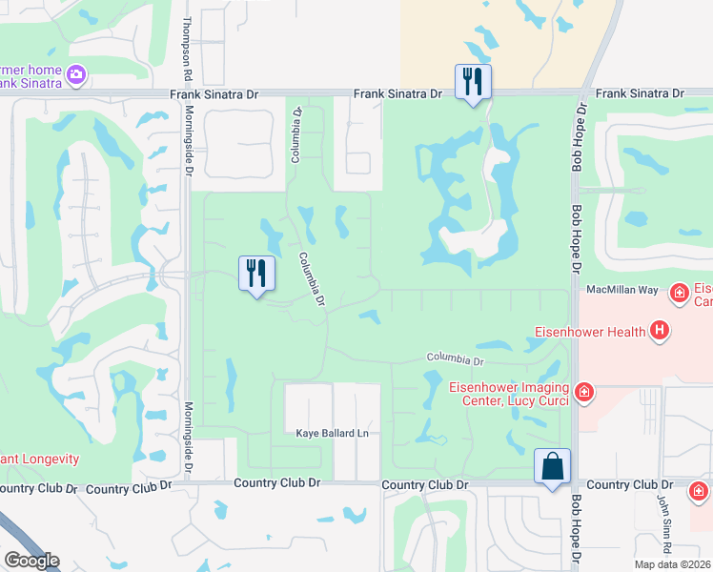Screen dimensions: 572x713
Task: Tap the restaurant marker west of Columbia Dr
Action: (x=256, y=274)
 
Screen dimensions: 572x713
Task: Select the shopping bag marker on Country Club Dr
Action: (x=552, y=466)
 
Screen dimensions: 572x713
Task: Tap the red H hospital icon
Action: (x=659, y=332)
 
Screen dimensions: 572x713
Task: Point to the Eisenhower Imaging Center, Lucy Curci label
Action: (x=510, y=393)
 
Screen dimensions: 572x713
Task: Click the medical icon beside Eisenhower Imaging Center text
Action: (x=584, y=391)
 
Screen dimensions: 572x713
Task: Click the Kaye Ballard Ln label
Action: (x=331, y=434)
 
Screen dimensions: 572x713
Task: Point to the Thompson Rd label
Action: (x=188, y=47)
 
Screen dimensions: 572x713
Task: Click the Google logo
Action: (x=31, y=561)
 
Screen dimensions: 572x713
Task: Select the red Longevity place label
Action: (x=38, y=459)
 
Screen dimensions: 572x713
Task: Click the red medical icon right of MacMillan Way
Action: (x=680, y=293)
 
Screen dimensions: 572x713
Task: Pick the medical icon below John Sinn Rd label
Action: (x=700, y=492)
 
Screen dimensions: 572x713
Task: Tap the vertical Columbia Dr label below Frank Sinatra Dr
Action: (x=296, y=134)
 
